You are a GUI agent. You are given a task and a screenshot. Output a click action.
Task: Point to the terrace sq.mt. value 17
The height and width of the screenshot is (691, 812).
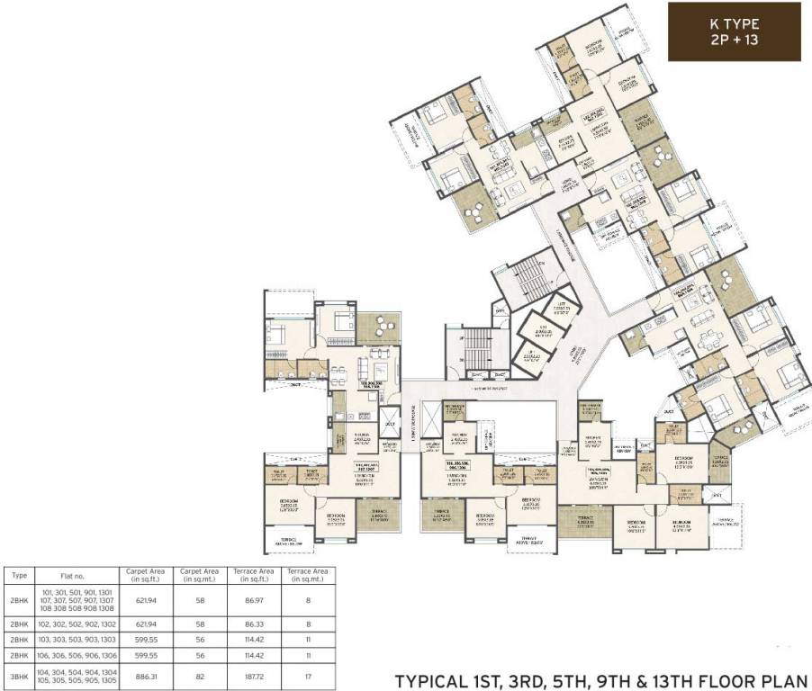point(307,676)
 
